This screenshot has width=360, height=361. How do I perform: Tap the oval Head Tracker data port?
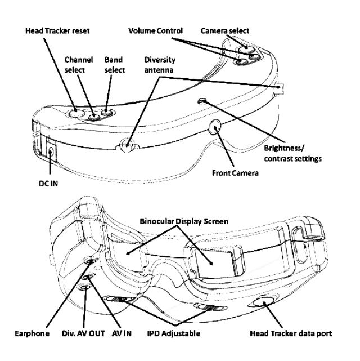click(260, 302)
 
